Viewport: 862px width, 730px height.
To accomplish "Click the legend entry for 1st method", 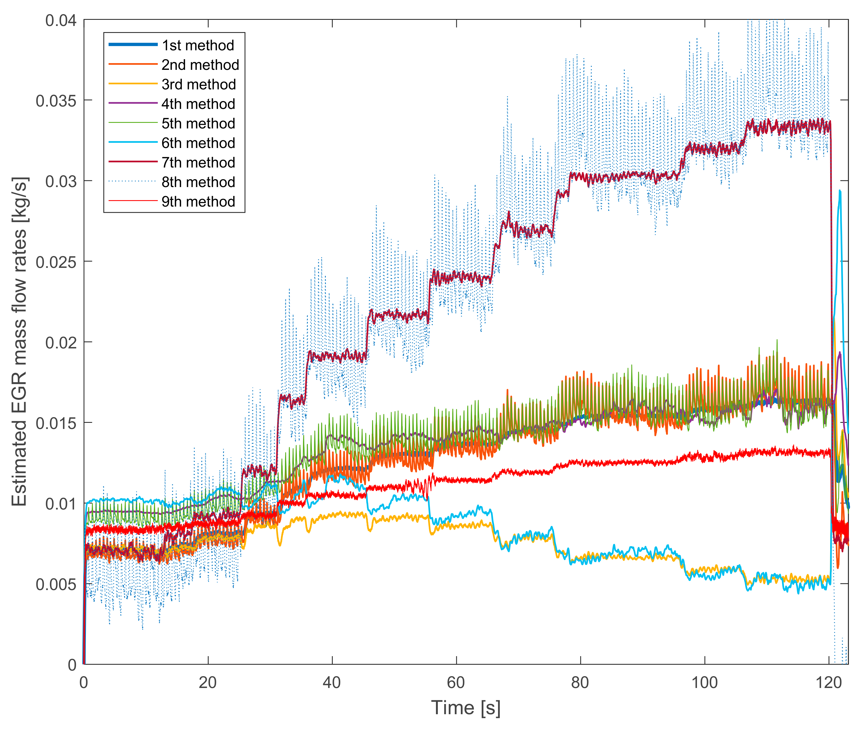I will click(198, 45).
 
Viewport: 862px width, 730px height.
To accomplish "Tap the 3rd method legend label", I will click(198, 84).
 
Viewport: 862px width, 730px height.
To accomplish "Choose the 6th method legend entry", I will click(198, 143).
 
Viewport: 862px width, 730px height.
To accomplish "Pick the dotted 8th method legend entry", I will click(198, 182).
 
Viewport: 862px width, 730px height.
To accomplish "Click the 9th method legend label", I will click(198, 201).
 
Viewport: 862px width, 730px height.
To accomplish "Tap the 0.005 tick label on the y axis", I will click(56, 584).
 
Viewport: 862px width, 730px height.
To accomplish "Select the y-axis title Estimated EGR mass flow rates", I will click(19, 341).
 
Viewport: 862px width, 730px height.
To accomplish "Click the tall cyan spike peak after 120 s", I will click(840, 191).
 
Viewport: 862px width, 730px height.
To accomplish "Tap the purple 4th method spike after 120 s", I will click(840, 353).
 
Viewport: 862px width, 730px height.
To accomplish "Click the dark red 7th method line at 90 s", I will click(642, 175).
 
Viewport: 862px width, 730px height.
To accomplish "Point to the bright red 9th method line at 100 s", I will click(704, 457).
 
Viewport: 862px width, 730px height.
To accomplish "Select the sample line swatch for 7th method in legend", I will click(133, 162).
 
